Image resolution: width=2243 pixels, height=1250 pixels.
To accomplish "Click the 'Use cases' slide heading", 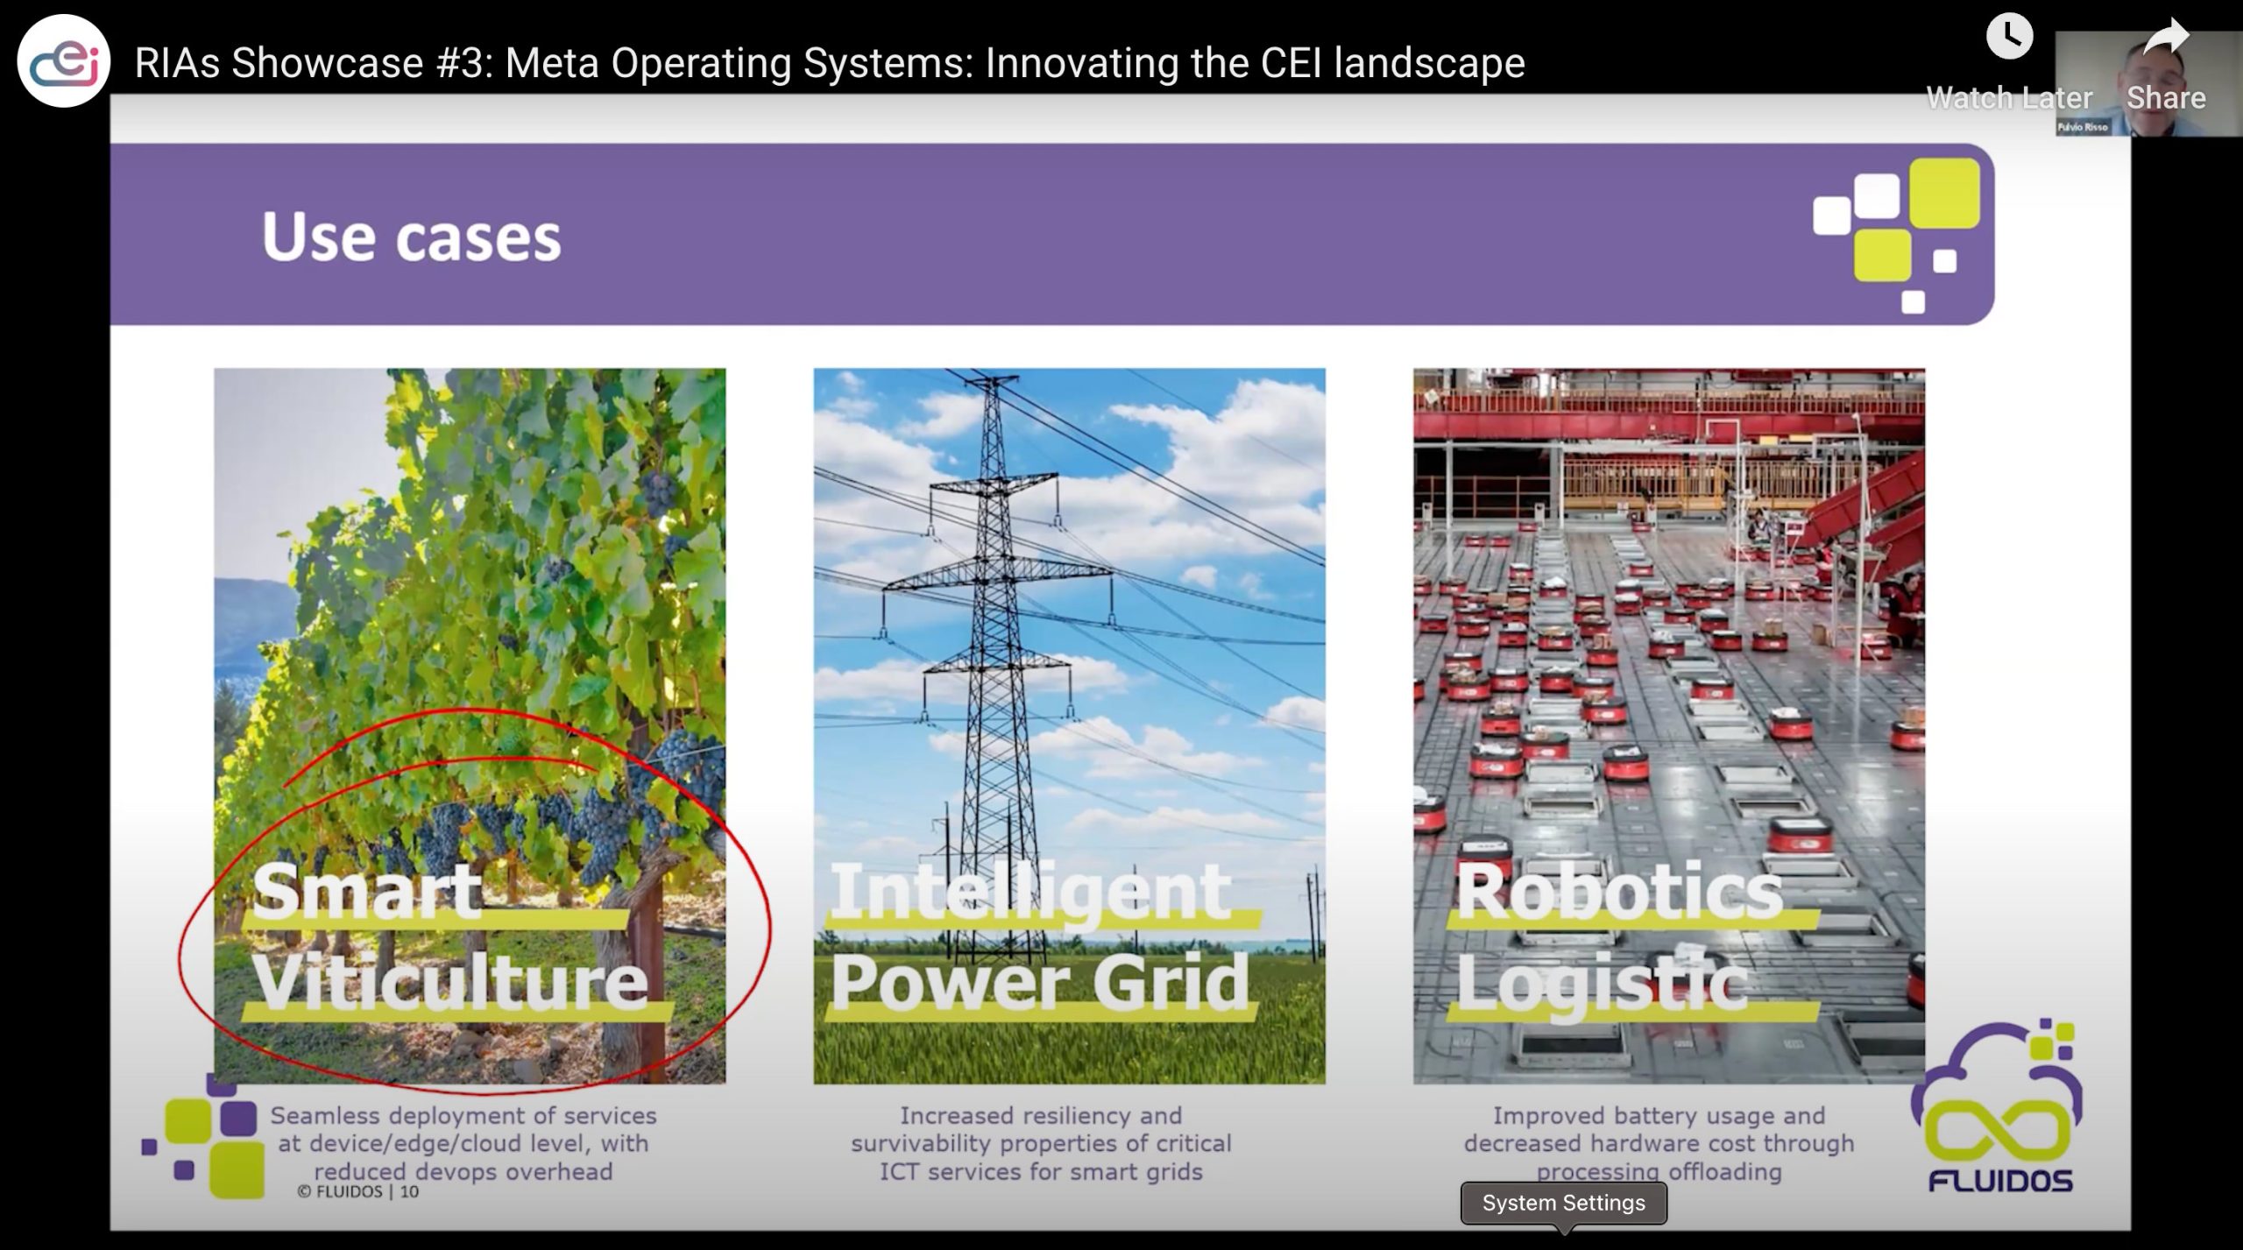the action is point(411,237).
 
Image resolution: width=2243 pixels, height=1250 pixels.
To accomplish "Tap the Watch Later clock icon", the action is point(2008,37).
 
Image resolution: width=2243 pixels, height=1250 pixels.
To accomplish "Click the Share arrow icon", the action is point(2166,39).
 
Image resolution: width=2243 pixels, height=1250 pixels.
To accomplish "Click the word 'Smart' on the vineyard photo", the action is point(367,890).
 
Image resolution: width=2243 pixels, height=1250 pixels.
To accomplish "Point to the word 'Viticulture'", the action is point(451,981).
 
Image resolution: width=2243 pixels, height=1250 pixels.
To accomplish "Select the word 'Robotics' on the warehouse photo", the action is point(1619,890).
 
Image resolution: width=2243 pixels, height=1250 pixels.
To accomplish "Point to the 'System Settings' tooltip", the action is point(1564,1204).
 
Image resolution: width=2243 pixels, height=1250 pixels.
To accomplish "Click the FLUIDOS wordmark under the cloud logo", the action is point(2000,1181).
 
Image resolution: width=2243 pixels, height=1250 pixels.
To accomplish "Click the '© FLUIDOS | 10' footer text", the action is point(357,1191).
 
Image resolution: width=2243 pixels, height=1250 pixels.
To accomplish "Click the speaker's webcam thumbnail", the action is point(2149,84).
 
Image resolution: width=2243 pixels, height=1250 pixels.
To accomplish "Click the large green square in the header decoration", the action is point(1944,193).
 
